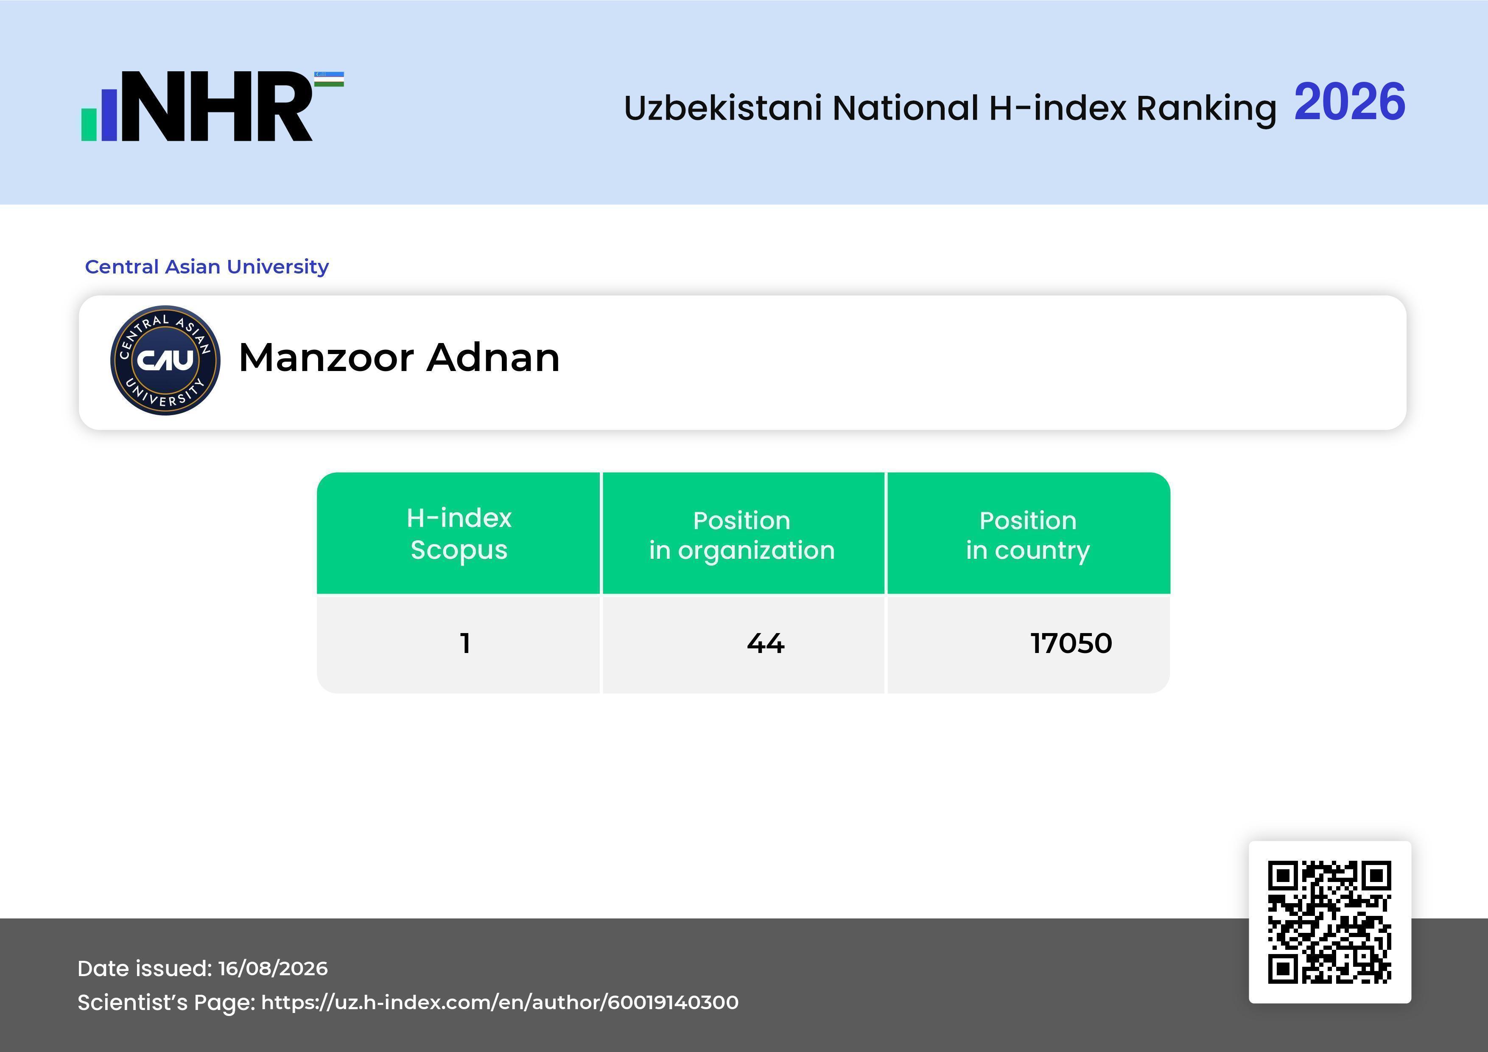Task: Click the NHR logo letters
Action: [217, 106]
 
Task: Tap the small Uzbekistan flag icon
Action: [329, 79]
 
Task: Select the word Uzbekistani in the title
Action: [723, 108]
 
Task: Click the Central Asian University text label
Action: [207, 266]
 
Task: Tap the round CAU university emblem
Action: [165, 360]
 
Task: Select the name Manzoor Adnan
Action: [399, 357]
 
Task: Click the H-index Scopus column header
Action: [459, 534]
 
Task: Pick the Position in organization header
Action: [742, 535]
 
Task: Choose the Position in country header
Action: [1028, 535]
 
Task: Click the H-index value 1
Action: [464, 643]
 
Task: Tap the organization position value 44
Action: [765, 643]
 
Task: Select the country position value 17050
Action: [1071, 643]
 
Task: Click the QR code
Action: [1329, 922]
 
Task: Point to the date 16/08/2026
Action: [273, 968]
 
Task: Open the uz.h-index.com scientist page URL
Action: [500, 1002]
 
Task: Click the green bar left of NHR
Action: [89, 124]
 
